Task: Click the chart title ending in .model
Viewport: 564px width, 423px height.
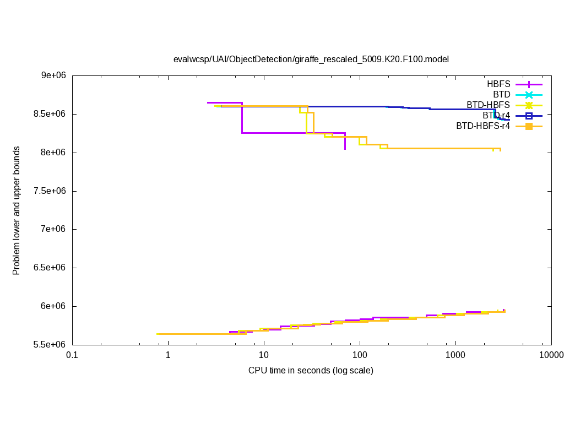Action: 311,59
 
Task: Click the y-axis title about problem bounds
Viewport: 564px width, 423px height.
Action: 17,210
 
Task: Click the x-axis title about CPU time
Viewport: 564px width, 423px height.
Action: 311,370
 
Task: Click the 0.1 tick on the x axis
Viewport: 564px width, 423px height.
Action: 72,356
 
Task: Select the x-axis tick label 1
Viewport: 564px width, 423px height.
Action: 168,356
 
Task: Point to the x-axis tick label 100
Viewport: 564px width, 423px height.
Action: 360,356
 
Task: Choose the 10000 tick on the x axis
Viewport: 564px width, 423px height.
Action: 551,356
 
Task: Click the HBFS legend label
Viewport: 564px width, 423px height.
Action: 498,84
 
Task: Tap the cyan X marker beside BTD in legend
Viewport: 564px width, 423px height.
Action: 529,95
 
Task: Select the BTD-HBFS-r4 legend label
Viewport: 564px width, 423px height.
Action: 483,126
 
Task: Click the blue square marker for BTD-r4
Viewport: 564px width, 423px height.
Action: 529,116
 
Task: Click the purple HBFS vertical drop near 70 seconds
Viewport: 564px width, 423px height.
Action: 345,141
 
